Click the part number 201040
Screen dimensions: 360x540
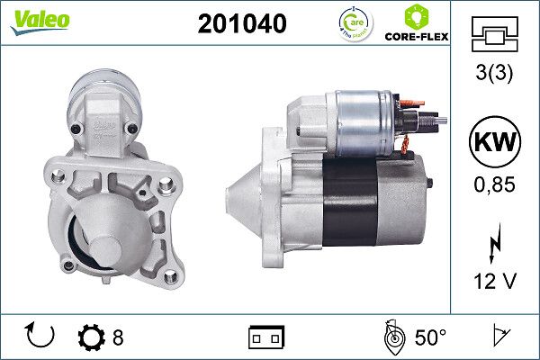[241, 25]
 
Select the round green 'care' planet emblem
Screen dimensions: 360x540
[354, 24]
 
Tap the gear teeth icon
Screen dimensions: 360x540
[91, 337]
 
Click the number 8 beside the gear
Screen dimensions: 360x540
[117, 337]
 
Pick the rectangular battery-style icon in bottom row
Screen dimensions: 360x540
[265, 338]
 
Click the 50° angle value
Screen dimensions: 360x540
[430, 337]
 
